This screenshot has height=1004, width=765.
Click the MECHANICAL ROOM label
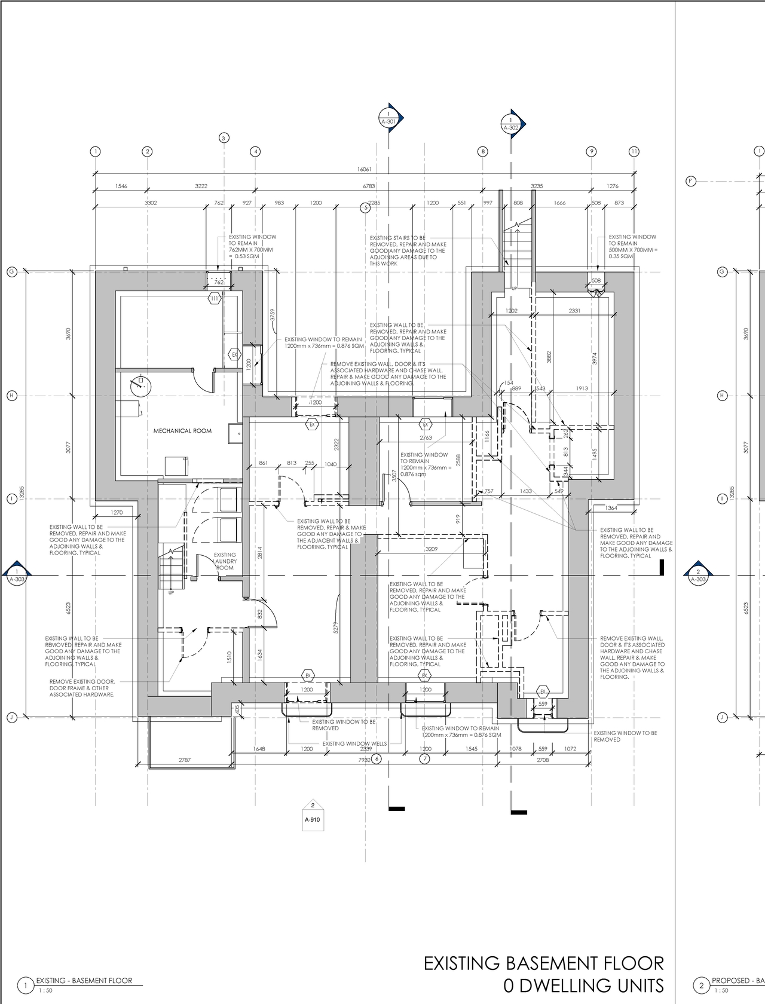click(182, 431)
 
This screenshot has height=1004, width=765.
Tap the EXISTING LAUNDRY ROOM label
click(225, 561)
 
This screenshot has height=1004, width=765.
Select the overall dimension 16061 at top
click(364, 169)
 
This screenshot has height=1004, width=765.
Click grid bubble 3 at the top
click(224, 138)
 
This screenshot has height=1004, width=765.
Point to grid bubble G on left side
click(11, 272)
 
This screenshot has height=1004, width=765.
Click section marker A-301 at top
click(389, 118)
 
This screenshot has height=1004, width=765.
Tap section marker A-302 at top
click(511, 124)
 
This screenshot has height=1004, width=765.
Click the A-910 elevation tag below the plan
click(313, 816)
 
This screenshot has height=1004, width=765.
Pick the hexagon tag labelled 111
click(214, 298)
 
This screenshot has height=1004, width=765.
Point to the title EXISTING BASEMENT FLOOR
click(543, 963)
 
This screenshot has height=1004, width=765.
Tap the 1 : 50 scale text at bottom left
click(45, 991)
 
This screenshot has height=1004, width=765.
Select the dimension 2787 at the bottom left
click(185, 760)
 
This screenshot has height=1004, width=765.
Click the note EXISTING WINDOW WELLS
click(354, 743)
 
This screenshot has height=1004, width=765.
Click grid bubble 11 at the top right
click(634, 152)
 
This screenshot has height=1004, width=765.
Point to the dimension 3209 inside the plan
click(431, 549)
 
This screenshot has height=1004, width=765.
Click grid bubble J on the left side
click(11, 717)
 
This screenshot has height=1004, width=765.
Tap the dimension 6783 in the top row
click(369, 186)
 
